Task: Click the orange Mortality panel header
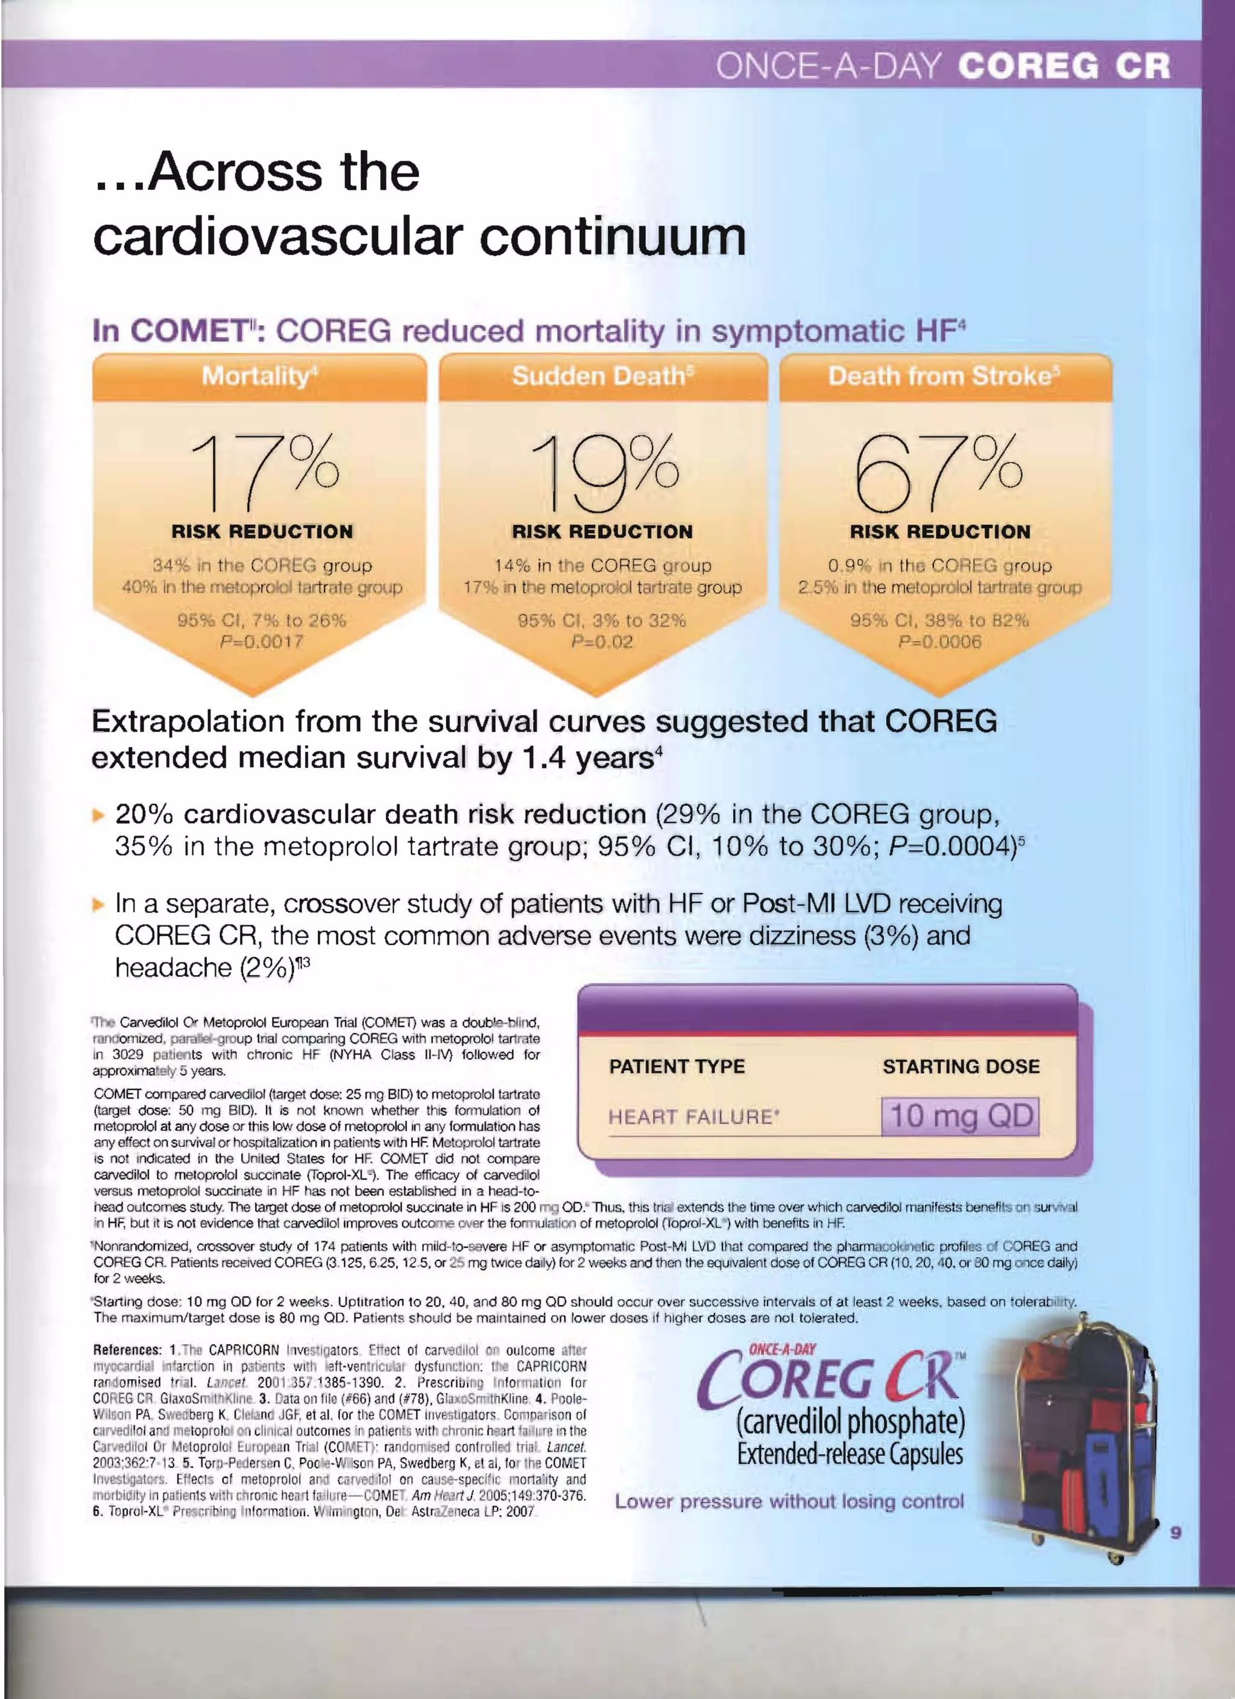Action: coord(259,376)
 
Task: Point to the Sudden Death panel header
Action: coord(603,376)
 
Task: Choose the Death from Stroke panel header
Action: coord(944,376)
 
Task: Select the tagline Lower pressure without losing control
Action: coord(789,1516)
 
